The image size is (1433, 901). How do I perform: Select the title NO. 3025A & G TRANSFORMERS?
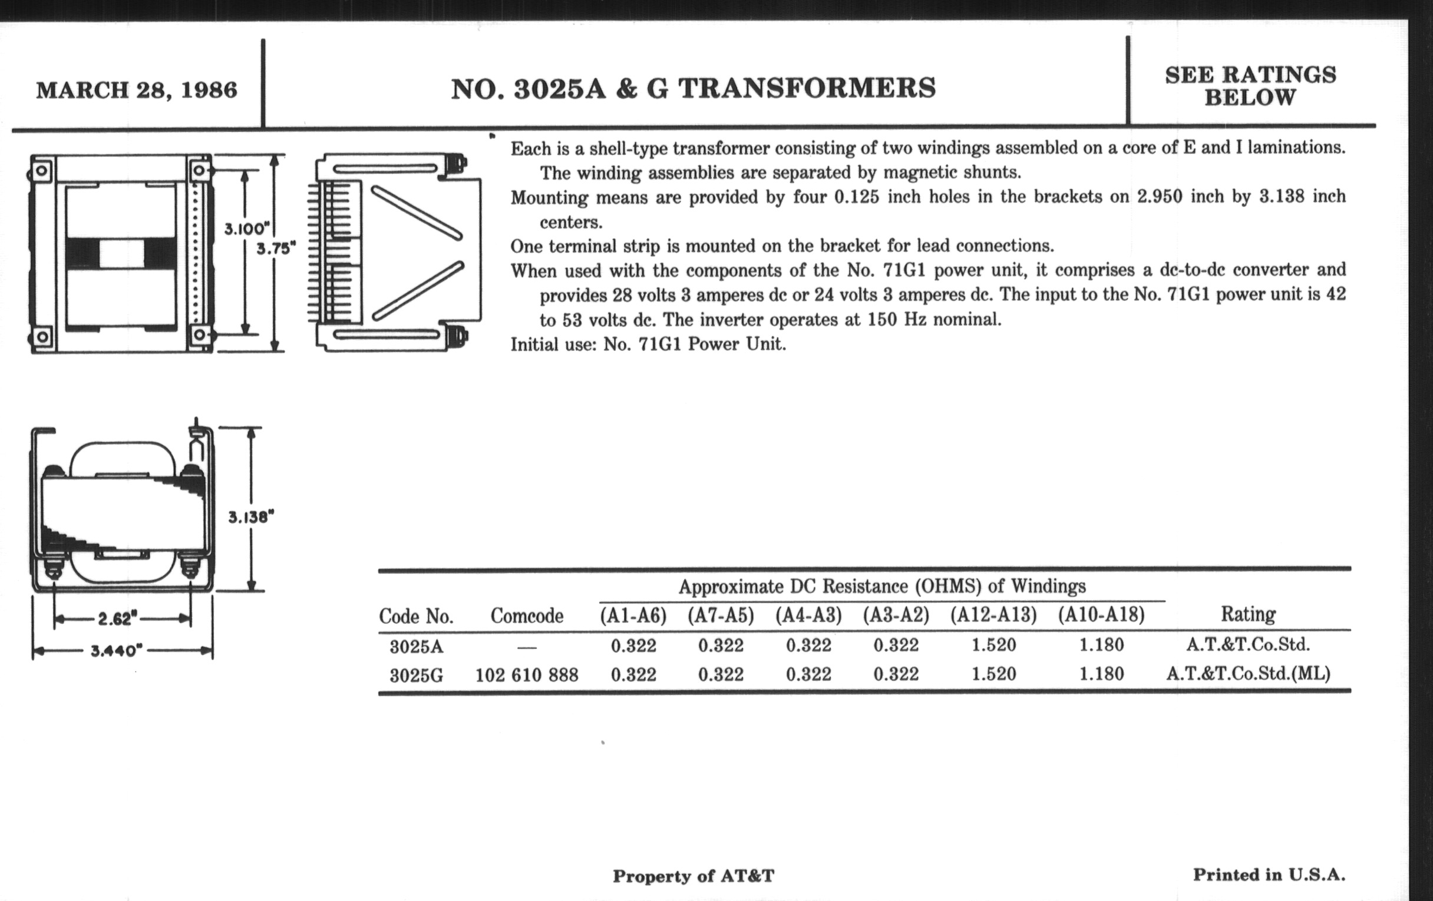694,88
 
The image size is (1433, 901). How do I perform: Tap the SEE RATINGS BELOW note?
1250,85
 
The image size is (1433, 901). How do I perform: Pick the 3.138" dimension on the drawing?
251,517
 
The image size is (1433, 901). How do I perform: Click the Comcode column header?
527,615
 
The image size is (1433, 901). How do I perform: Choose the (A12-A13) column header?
993,615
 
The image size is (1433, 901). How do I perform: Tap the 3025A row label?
417,645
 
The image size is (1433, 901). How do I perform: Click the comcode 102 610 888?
527,674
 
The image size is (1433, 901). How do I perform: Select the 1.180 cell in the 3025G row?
1101,674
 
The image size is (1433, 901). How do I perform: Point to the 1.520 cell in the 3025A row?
994,645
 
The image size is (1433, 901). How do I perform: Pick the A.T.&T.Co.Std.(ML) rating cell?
1249,673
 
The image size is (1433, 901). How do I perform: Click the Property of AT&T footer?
694,876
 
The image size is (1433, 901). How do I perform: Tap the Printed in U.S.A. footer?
1269,875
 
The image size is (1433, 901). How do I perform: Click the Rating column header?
1249,614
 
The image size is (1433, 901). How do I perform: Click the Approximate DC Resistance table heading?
882,587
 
